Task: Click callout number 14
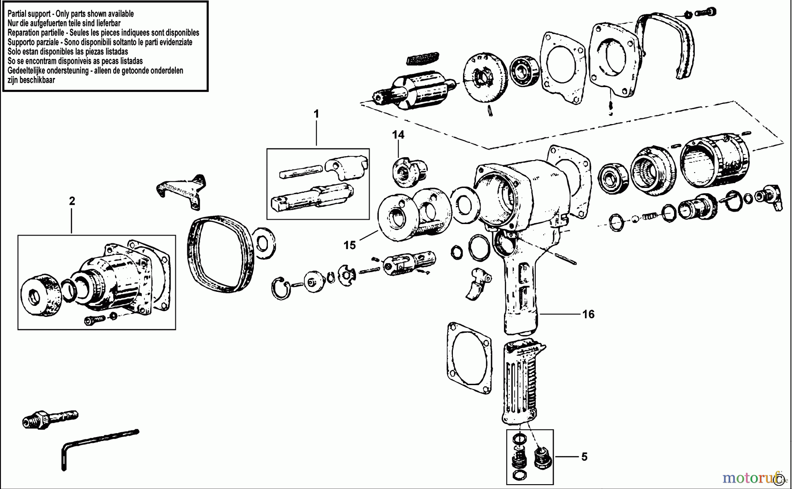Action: (398, 135)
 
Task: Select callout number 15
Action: (349, 245)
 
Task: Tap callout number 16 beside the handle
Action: (588, 314)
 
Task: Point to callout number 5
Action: (584, 457)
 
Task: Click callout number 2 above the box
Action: (72, 201)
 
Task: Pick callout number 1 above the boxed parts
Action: (316, 114)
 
